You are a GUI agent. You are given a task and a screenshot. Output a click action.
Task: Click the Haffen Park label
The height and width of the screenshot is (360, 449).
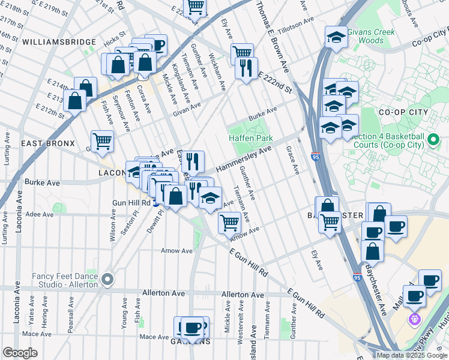click(x=251, y=138)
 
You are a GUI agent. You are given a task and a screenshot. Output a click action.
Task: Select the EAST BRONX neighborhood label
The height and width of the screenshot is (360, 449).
click(x=47, y=143)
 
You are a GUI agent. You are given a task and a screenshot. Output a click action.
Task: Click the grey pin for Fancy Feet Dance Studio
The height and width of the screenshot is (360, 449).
click(x=107, y=279)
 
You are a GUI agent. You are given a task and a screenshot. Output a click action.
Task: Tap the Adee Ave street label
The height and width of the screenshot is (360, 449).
click(x=40, y=214)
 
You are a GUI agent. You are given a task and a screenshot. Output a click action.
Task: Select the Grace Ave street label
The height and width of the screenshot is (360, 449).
click(x=292, y=160)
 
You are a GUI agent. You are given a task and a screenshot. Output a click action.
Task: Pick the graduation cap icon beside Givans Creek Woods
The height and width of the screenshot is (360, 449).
click(x=336, y=37)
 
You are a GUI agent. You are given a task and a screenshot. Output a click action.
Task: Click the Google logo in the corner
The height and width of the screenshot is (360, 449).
click(x=20, y=352)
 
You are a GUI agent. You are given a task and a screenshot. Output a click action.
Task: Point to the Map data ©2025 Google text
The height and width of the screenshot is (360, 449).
click(x=411, y=355)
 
